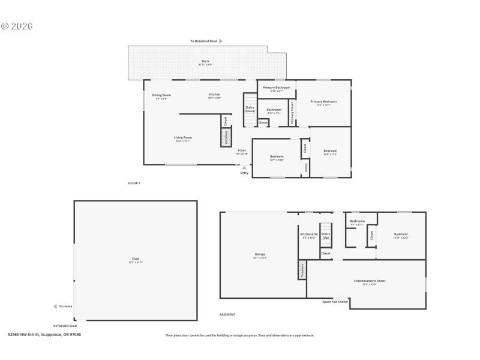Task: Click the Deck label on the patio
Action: tap(206, 62)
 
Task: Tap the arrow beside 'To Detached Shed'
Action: tap(221, 41)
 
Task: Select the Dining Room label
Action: tap(161, 96)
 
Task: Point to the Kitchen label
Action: tap(214, 95)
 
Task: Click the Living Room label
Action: tap(183, 139)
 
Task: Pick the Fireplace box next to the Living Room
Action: tap(226, 137)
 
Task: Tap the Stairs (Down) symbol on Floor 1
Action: tap(250, 110)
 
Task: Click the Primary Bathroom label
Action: tap(277, 89)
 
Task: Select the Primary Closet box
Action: tap(292, 113)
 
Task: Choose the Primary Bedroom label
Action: tap(323, 103)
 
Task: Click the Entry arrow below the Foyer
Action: tap(244, 167)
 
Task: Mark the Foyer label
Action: tap(242, 151)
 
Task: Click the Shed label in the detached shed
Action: tap(136, 260)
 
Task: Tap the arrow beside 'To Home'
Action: tap(55, 307)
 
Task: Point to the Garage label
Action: tap(260, 255)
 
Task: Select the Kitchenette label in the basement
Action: tap(308, 235)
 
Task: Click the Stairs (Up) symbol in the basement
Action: tap(326, 235)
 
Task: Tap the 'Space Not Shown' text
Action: tap(335, 302)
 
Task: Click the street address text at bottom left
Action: tap(44, 335)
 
